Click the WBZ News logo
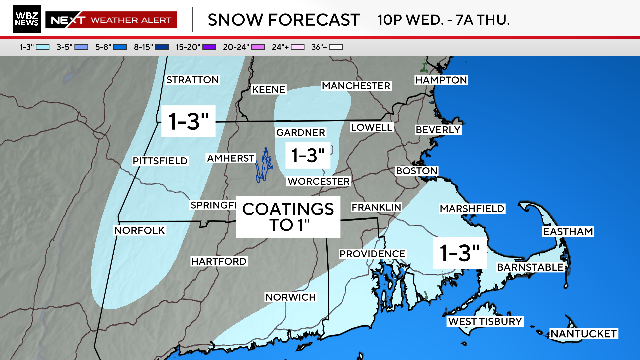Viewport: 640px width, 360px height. click(x=21, y=19)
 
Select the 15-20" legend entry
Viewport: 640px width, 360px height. click(x=186, y=47)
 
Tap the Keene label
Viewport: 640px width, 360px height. click(x=269, y=89)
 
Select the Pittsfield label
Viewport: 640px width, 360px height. click(x=159, y=161)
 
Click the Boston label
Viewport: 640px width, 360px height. click(x=417, y=171)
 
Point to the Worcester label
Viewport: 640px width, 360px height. click(x=318, y=181)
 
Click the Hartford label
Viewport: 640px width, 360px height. click(x=218, y=261)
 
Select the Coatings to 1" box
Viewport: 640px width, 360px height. click(x=287, y=216)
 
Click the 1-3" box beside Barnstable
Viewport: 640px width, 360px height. click(x=459, y=253)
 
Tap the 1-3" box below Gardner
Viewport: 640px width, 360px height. click(x=307, y=155)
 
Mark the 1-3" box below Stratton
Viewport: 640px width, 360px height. click(x=189, y=121)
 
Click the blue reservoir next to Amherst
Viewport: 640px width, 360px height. click(x=265, y=165)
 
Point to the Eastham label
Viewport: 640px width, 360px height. click(x=567, y=231)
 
